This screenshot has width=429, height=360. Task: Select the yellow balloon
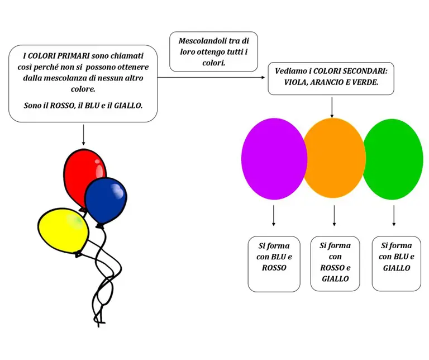click(x=62, y=229)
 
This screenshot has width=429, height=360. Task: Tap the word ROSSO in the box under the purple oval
click(x=274, y=267)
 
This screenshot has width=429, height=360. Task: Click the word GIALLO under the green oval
click(x=397, y=267)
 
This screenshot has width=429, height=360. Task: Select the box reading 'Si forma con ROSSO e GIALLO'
click(x=335, y=263)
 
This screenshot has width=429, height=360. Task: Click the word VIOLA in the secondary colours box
click(x=284, y=82)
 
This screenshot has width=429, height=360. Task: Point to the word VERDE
click(x=364, y=82)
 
